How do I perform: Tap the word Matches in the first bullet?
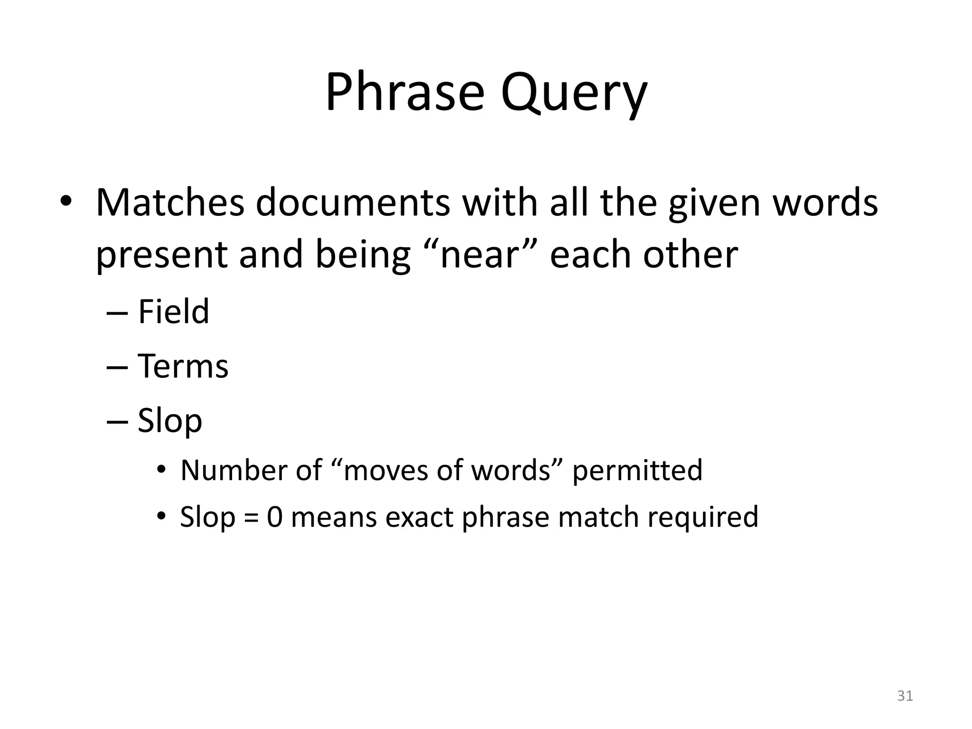[x=170, y=203]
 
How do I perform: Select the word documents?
[x=353, y=203]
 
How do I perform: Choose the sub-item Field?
[x=173, y=312]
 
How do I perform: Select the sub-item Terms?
[x=183, y=366]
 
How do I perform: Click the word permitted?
[x=637, y=471]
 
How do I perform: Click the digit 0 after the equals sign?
[x=275, y=517]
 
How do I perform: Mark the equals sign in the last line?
[x=251, y=518]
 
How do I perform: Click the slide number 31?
[x=905, y=696]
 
